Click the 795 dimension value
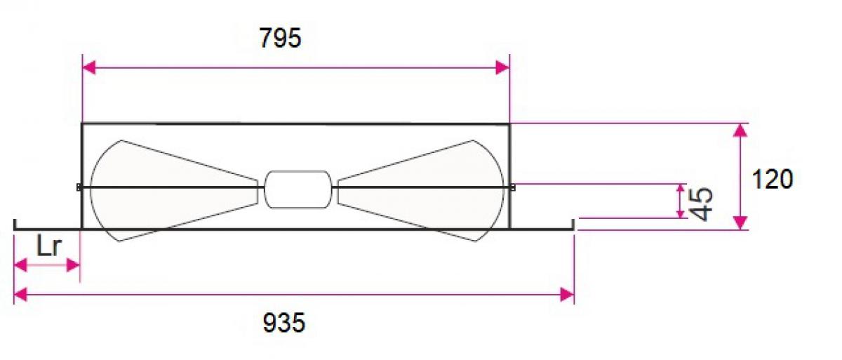(281, 38)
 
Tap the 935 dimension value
(283, 323)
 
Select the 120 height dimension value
(773, 179)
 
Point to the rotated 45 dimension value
(702, 204)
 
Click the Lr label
(48, 247)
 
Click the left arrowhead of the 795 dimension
(89, 68)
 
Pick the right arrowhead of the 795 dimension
(502, 68)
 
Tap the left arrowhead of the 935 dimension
(20, 294)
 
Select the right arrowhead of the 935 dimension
(567, 294)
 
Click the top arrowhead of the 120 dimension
(740, 130)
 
